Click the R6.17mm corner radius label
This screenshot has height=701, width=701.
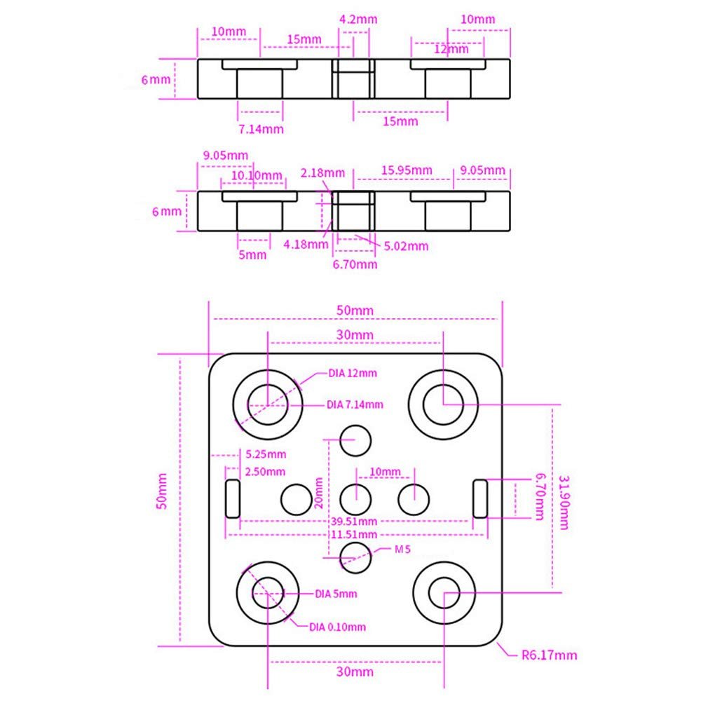point(549,655)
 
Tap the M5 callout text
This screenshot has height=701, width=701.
point(402,549)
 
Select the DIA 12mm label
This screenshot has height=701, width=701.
point(353,373)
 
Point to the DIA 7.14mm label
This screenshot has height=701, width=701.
point(355,404)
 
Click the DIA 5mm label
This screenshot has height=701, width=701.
point(336,594)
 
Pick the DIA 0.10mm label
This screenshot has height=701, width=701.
point(337,627)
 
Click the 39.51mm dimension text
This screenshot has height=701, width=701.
point(353,522)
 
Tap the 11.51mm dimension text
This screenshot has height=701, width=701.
point(353,534)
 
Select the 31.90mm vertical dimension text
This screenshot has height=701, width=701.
point(564,503)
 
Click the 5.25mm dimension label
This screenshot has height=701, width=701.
point(266,454)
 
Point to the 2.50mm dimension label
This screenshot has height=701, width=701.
point(265,472)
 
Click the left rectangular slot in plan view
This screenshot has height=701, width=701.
point(233,498)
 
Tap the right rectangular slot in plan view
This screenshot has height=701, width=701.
point(480,498)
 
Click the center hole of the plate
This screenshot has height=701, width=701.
point(355,499)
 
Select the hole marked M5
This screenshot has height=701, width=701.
point(355,557)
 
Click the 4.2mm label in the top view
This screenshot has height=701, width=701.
point(358,19)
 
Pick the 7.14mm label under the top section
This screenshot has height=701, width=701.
point(261,129)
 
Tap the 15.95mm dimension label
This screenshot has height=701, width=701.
point(407,170)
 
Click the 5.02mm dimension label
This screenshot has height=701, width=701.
point(406,246)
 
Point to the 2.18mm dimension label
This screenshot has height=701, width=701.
point(322,172)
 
